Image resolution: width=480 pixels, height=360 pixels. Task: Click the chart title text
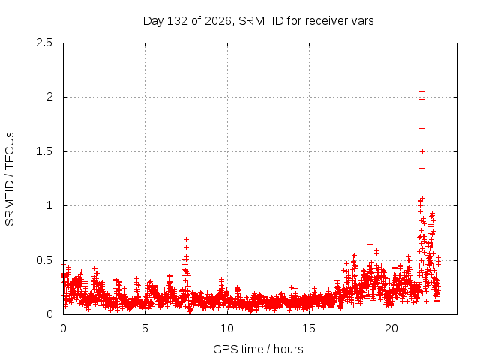point(258,21)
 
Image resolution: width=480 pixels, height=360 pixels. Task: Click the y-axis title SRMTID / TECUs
point(10,179)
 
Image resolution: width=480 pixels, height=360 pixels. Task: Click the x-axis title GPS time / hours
point(258,349)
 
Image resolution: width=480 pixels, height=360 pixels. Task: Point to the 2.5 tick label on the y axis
point(44,43)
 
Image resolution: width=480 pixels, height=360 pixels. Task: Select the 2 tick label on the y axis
point(49,97)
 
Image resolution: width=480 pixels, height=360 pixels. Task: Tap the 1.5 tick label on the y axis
point(44,151)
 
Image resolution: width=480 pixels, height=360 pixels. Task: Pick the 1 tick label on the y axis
point(50,205)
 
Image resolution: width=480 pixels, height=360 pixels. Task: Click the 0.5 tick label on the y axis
point(44,260)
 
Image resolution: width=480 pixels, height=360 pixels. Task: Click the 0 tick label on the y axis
point(49,314)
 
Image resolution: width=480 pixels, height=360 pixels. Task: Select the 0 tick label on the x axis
point(63,328)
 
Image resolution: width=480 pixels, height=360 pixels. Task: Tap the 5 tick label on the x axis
point(145,328)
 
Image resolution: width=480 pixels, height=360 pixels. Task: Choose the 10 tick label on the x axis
point(227,328)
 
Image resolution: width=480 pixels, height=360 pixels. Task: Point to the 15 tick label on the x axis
point(309,328)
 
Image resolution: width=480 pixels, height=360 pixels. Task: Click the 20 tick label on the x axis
point(391,328)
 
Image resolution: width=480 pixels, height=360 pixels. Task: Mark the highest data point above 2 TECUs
point(421,91)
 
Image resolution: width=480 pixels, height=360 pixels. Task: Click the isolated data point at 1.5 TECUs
point(422,151)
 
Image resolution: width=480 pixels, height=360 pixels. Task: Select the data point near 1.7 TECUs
point(421,128)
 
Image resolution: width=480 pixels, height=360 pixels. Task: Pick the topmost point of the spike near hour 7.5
point(186,240)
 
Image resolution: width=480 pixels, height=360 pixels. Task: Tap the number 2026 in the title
point(218,21)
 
